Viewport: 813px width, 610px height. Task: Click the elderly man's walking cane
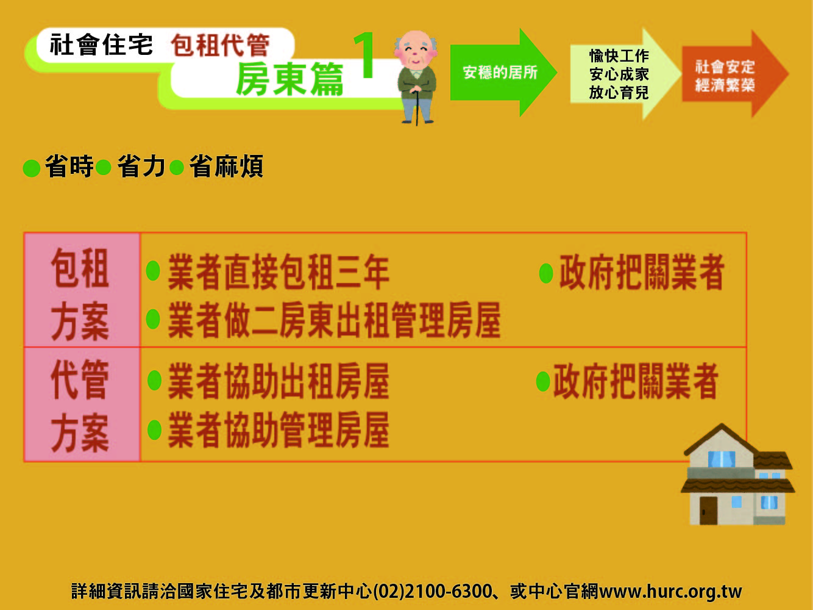click(x=417, y=107)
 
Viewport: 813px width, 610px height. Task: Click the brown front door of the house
click(x=708, y=511)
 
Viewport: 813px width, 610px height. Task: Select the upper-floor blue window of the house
click(x=722, y=459)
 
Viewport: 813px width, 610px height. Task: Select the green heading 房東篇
click(x=289, y=79)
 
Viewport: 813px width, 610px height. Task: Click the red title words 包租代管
click(x=220, y=45)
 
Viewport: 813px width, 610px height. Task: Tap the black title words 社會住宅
click(x=101, y=45)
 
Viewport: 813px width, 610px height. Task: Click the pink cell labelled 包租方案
click(x=82, y=290)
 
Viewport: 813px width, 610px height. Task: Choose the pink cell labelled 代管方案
click(x=82, y=404)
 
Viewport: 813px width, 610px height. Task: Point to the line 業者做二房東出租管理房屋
click(x=334, y=320)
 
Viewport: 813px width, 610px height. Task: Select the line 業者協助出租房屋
click(x=278, y=381)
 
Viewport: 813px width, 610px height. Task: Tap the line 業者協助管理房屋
click(x=278, y=430)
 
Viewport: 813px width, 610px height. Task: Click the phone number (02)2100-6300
click(x=432, y=592)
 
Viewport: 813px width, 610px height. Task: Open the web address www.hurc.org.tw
click(x=670, y=592)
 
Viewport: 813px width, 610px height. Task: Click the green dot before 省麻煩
click(x=177, y=168)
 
